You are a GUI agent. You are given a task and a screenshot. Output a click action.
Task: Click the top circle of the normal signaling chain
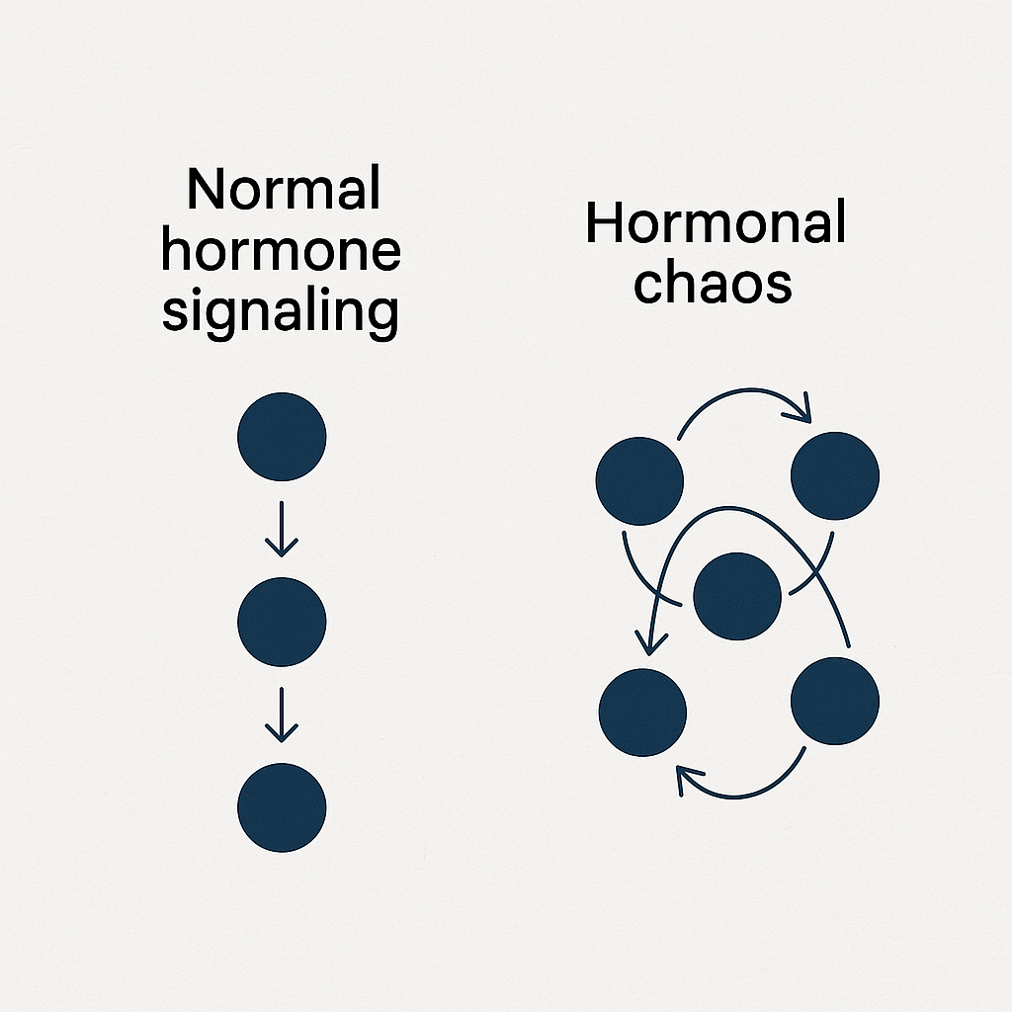click(282, 436)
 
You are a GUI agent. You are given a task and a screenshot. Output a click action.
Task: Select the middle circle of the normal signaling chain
click(282, 622)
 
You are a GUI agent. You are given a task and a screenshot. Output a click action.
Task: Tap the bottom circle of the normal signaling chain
click(282, 806)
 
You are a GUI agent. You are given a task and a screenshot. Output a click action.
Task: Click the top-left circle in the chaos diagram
click(639, 480)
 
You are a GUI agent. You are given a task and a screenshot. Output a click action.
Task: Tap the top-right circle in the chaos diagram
click(835, 476)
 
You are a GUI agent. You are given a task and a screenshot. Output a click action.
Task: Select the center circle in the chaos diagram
click(737, 596)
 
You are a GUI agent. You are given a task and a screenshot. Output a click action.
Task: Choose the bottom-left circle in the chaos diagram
click(643, 713)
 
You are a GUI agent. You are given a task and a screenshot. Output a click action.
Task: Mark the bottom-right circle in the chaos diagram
click(835, 701)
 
